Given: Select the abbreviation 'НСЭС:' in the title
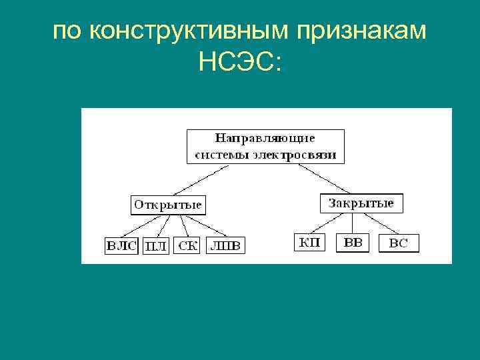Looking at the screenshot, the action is click(239, 64).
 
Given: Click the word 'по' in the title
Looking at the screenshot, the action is click(67, 31).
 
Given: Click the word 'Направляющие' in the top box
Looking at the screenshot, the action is click(265, 139).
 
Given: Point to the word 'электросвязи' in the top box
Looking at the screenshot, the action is click(300, 155).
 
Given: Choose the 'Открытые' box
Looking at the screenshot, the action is click(167, 204).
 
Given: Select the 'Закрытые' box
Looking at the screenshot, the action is click(361, 203).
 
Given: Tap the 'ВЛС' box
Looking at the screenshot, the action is click(121, 246).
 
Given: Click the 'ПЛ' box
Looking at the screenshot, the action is click(155, 246).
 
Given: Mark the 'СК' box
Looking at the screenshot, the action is click(187, 246).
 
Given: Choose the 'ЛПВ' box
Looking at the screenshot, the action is click(225, 246).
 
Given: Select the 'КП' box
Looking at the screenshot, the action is click(309, 243).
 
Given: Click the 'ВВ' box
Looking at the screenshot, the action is click(353, 243).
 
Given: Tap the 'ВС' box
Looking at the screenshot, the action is click(398, 243).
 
